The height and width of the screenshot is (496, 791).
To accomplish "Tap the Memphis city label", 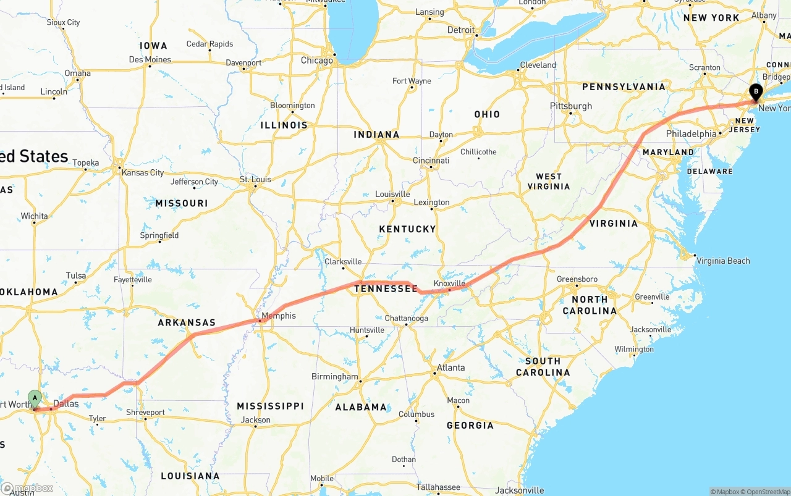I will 278,316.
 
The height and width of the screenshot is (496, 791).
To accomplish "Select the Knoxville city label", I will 449,284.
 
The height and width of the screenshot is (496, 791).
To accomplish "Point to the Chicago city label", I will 316,61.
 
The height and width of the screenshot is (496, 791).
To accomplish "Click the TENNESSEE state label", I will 386,288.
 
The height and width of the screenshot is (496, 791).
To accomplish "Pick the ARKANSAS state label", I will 187,322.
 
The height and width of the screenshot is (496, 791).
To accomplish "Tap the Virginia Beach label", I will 723,261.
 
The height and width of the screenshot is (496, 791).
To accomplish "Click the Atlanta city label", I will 450,368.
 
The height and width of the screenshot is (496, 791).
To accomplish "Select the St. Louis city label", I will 255,180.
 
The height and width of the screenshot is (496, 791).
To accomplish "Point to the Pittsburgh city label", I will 571,106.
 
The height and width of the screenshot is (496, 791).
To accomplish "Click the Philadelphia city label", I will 691,134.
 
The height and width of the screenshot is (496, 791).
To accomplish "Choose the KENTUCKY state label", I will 407,229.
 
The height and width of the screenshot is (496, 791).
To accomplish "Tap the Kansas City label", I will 143,173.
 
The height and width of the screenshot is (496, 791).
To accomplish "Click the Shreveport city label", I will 145,413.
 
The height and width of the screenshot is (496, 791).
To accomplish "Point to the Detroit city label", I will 461,30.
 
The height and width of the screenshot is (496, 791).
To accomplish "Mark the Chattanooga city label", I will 406,319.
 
